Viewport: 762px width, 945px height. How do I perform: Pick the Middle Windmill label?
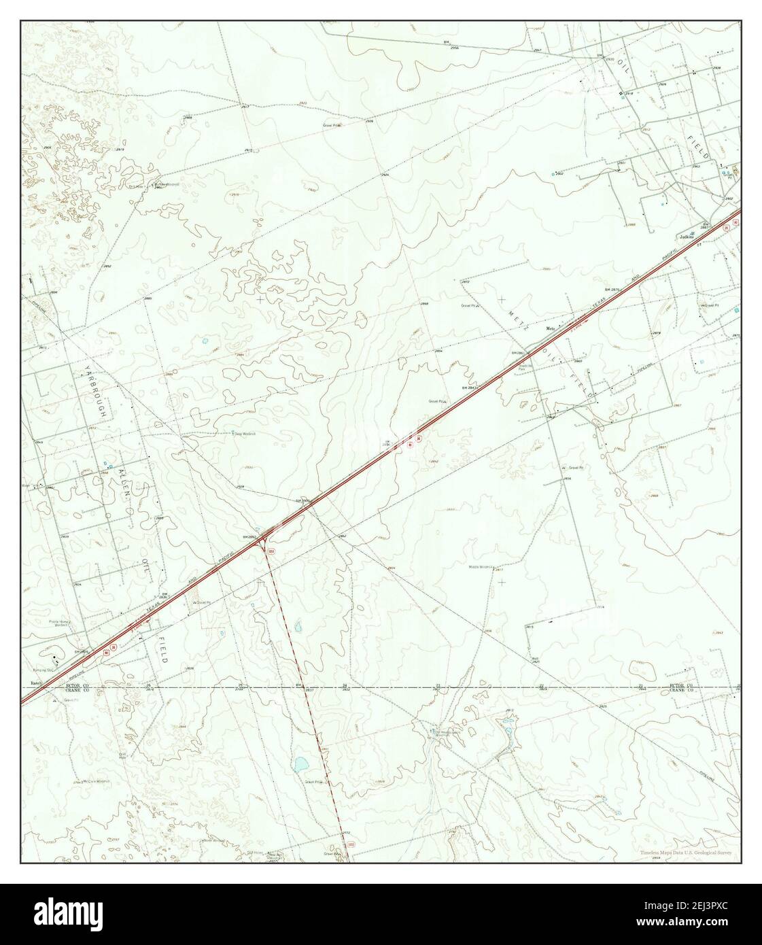pos(481,566)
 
